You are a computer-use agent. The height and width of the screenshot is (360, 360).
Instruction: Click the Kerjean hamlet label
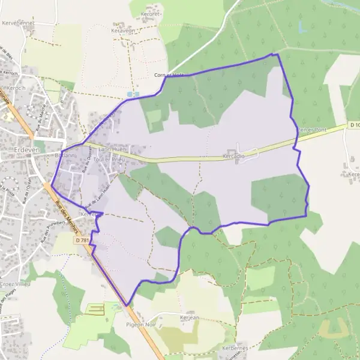[x=189, y=317]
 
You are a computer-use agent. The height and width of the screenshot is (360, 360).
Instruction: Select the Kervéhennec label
[x=19, y=23]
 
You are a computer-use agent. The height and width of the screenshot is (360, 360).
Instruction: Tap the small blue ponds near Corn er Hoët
[x=133, y=94]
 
